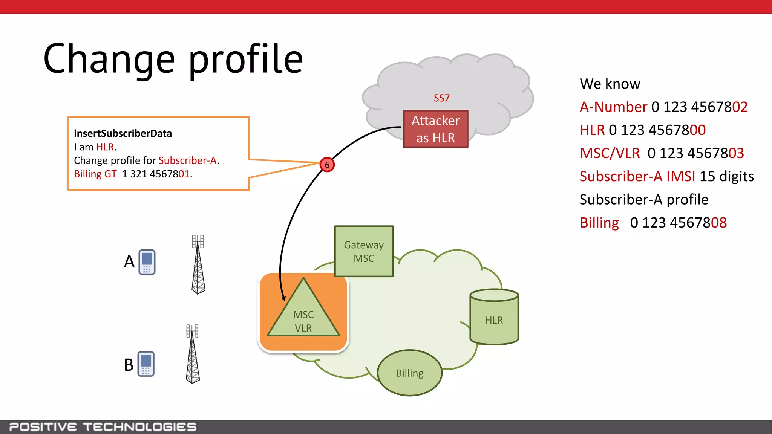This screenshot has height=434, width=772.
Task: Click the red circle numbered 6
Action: point(327,165)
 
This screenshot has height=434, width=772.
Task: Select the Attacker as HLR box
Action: point(435,129)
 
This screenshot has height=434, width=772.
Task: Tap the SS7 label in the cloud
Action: point(441,98)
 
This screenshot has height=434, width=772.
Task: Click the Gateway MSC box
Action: point(364,251)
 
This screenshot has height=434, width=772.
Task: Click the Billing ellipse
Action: point(410,373)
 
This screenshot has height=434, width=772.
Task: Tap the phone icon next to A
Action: point(147,262)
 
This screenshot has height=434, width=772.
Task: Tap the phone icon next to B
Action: point(146,364)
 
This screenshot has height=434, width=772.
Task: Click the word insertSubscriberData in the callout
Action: point(123,133)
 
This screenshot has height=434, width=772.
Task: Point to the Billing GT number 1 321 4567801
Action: point(156,174)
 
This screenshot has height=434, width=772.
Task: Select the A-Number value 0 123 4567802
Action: point(699,107)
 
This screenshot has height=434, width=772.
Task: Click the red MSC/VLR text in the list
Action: point(610,153)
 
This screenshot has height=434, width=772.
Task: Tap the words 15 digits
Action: point(726,176)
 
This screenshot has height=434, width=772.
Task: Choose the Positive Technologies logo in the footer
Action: point(103,427)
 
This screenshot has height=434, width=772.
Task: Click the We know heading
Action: point(610,84)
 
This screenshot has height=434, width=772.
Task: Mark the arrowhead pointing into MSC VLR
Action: point(284,299)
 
